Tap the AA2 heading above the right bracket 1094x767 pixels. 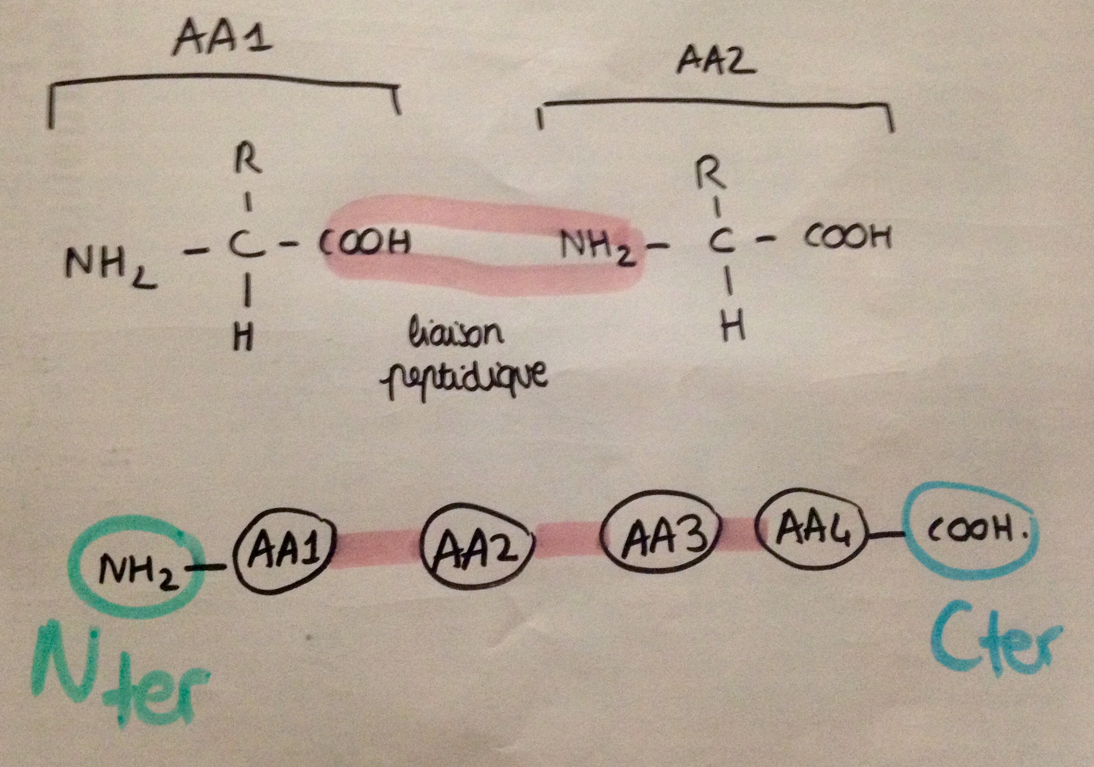click(716, 62)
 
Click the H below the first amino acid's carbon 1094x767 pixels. click(243, 339)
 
